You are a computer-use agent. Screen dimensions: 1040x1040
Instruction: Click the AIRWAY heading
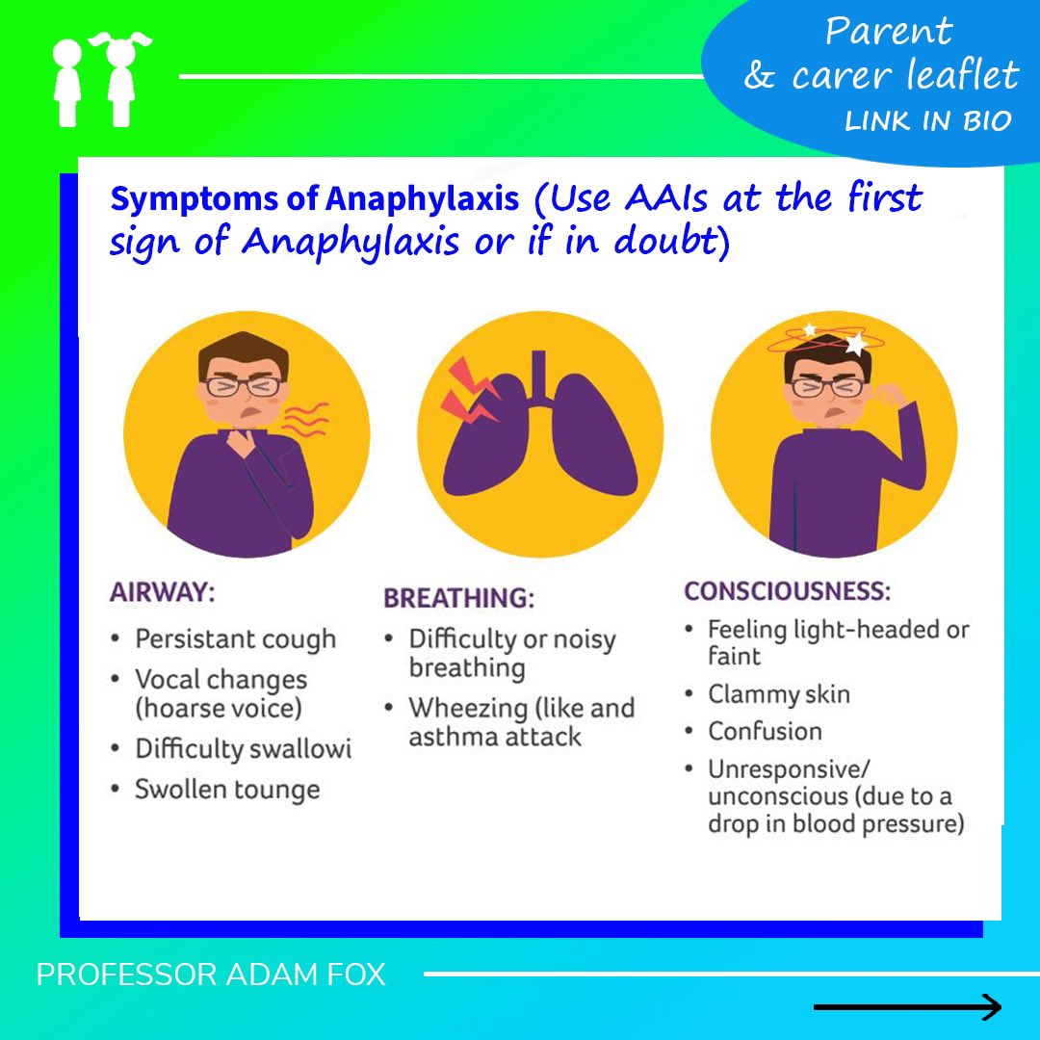[x=162, y=592]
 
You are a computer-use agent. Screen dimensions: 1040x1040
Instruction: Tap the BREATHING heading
[x=458, y=598]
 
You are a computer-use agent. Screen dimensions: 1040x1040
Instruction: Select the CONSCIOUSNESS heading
[x=787, y=590]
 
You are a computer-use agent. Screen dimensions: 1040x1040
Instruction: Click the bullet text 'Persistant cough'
[x=235, y=639]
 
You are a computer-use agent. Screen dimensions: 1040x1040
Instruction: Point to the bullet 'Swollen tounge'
[x=226, y=790]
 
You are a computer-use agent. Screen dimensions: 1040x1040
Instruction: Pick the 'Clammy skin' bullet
[x=778, y=694]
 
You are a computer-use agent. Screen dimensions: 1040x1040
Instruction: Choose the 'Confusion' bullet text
[x=765, y=731]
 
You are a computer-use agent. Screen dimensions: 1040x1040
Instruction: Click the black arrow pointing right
[x=907, y=1007]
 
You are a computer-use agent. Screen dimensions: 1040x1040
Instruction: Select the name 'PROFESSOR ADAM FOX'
[x=211, y=975]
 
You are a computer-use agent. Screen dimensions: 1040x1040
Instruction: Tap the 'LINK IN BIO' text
[x=928, y=121]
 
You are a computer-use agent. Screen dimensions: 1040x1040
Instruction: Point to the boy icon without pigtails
[x=68, y=82]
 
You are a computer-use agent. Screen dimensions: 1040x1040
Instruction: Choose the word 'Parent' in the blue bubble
[x=888, y=31]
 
